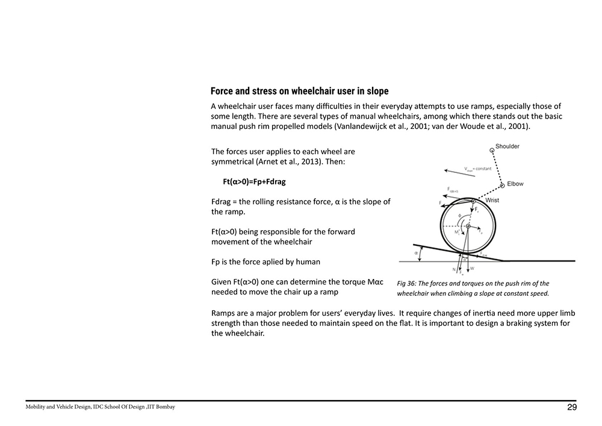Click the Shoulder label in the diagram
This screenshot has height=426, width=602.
tap(507, 146)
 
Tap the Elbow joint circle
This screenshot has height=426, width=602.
tap(501, 184)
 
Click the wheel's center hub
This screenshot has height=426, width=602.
tap(468, 226)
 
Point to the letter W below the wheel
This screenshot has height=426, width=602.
tap(472, 269)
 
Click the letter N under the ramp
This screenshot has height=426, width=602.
tap(453, 269)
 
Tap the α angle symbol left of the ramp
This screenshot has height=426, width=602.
tap(417, 254)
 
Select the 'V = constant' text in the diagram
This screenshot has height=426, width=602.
tap(479, 169)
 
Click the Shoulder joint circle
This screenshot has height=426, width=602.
tap(491, 146)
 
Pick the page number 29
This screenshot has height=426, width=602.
tap(572, 407)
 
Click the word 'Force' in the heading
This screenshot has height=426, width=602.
tap(223, 92)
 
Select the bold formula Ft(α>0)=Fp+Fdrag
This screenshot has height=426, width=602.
tap(254, 181)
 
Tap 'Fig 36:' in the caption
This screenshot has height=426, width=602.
tap(408, 283)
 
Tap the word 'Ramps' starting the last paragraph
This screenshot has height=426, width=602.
tap(224, 313)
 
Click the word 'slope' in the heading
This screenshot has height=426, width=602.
tap(374, 92)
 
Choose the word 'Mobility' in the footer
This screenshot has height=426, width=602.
tap(37, 407)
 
